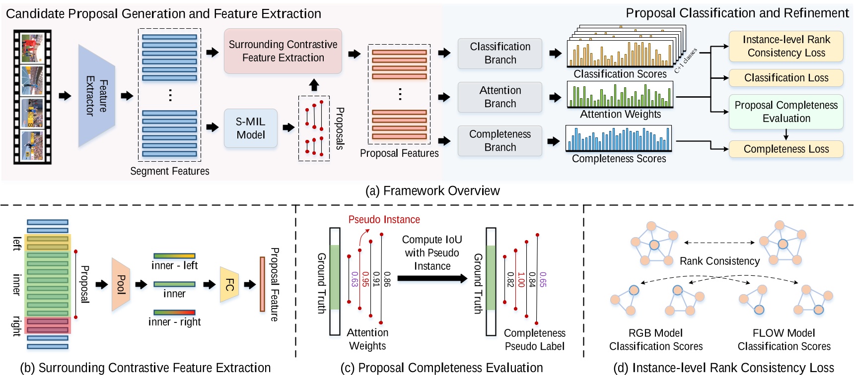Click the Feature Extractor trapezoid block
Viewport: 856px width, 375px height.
coord(96,96)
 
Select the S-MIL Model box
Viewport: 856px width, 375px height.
coord(250,128)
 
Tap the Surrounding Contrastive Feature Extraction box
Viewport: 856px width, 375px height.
coord(283,51)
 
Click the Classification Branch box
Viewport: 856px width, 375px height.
coord(499,53)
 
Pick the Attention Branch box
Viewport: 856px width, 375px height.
coord(499,97)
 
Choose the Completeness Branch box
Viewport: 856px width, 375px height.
coord(499,140)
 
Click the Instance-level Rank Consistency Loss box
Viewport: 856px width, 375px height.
coord(785,46)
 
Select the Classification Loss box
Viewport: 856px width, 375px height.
coord(785,78)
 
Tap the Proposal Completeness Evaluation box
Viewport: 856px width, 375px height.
coord(785,112)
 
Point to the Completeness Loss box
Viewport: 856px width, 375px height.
coord(785,149)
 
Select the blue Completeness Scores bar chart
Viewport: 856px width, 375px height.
coord(619,139)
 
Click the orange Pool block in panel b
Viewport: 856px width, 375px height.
coord(121,284)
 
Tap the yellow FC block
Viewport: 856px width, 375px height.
coord(229,284)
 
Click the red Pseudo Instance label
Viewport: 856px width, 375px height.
coord(384,219)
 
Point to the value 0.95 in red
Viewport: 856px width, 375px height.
coord(365,279)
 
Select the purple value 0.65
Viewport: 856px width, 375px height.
coord(543,279)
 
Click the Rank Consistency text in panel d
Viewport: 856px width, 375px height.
coord(719,261)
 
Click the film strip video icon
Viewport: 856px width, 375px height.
coord(32,97)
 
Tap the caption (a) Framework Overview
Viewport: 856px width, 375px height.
coord(432,191)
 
